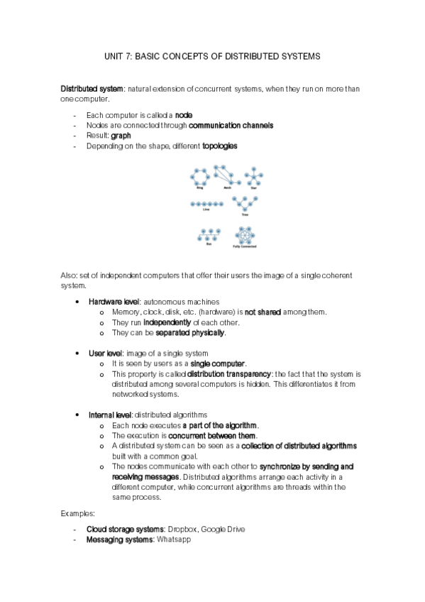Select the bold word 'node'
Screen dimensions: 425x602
(183, 115)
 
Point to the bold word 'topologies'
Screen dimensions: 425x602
(220, 146)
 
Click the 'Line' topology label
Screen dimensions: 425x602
(206, 210)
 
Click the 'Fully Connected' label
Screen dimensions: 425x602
(245, 246)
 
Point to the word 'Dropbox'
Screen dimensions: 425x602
(182, 530)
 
